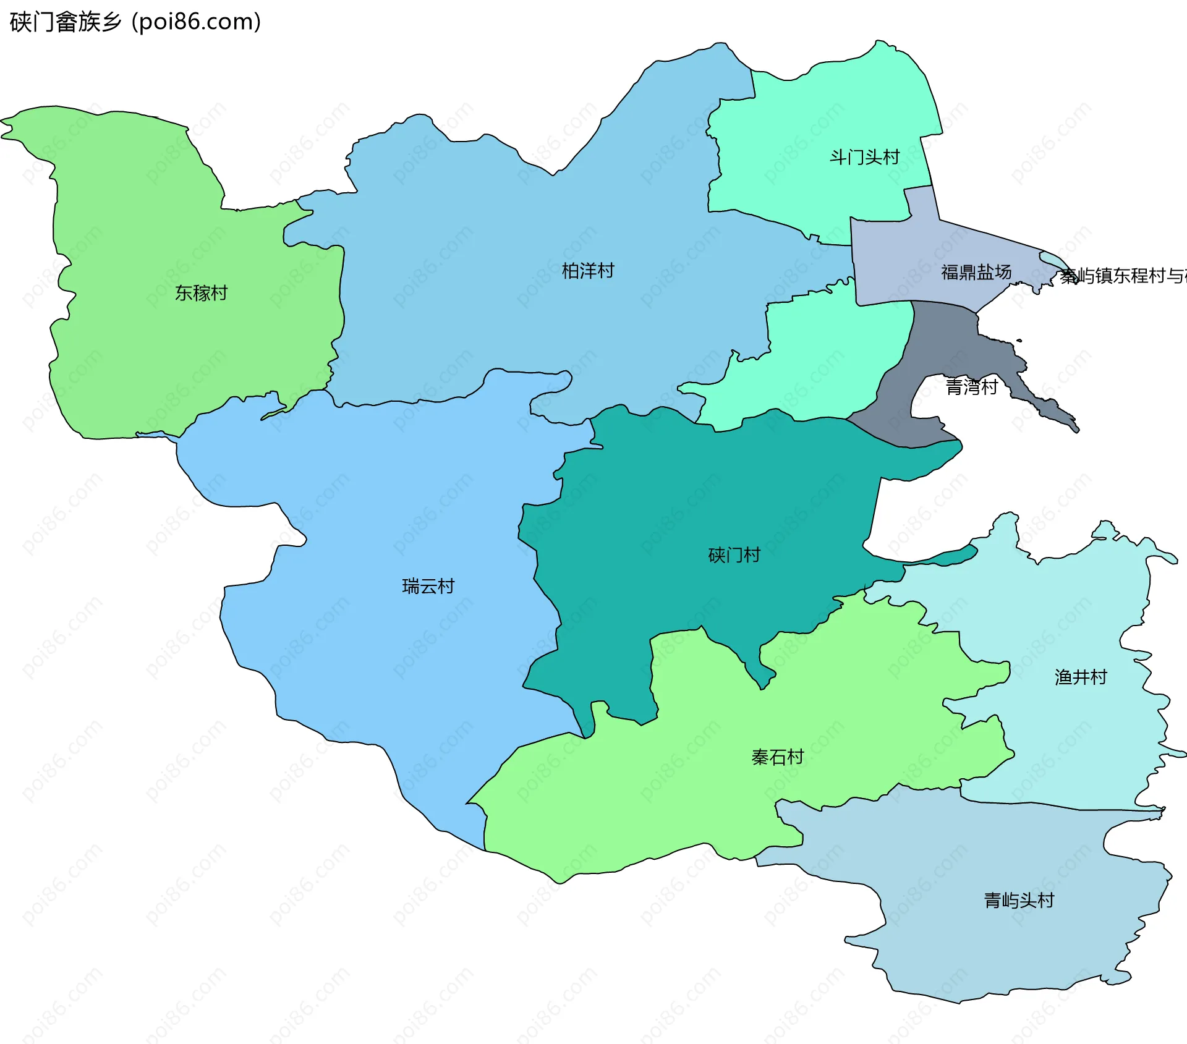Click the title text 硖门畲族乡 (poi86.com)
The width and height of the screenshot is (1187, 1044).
135,22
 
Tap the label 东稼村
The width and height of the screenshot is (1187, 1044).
201,293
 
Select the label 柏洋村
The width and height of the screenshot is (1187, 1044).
587,271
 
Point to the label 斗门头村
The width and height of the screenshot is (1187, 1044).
864,158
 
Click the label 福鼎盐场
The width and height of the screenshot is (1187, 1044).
976,272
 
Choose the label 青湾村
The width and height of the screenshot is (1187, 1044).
971,387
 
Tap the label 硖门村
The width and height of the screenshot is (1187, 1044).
734,555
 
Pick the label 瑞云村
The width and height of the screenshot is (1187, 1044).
428,586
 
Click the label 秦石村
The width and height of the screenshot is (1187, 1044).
777,757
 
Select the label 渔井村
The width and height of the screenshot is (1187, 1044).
1080,677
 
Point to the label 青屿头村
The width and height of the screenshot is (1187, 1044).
1018,901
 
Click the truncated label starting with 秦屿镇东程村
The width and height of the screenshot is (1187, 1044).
1122,276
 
